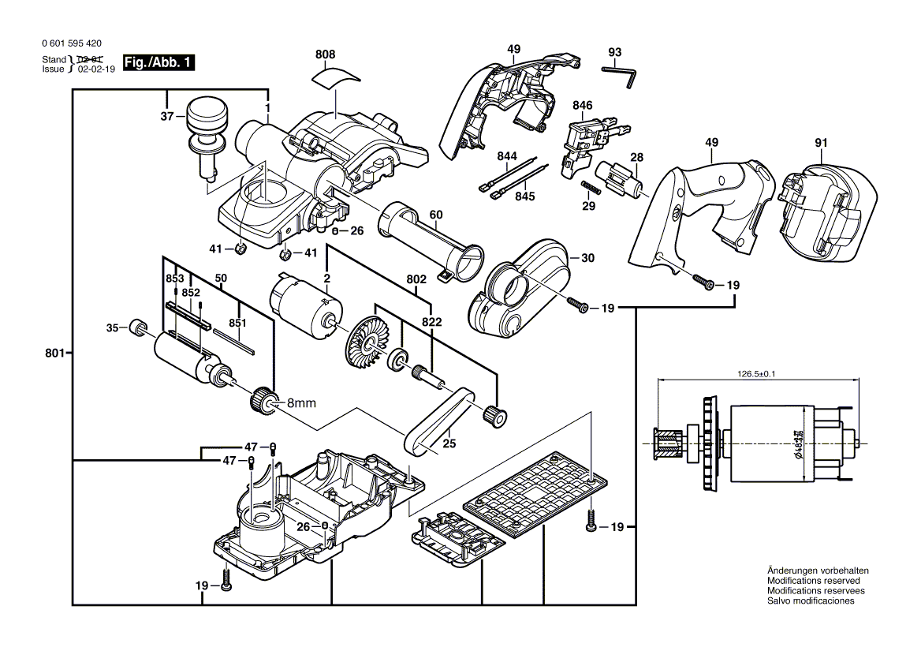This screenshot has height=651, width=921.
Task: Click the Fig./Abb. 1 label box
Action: pos(158,63)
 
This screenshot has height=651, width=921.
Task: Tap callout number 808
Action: pos(325,54)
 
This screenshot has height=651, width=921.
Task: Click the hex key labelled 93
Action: pos(621,73)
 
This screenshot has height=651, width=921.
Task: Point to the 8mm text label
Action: pos(300,403)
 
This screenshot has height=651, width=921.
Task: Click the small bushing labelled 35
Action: pos(138,327)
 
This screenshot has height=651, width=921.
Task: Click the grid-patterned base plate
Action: pos(536,494)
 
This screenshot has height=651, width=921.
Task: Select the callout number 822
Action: pos(432,322)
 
